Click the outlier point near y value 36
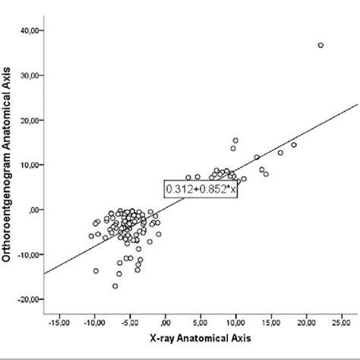321,46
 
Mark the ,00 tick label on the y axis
33,210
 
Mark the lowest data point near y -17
115,286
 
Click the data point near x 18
294,144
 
